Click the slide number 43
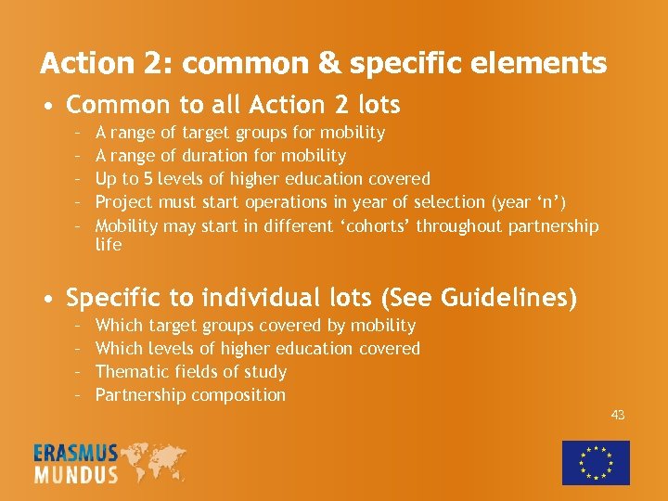[618, 415]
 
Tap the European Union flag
[596, 462]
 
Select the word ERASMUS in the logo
[76, 453]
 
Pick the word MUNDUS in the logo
[76, 474]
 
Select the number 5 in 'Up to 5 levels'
[161, 178]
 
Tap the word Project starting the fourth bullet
[124, 201]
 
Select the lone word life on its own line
[109, 244]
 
